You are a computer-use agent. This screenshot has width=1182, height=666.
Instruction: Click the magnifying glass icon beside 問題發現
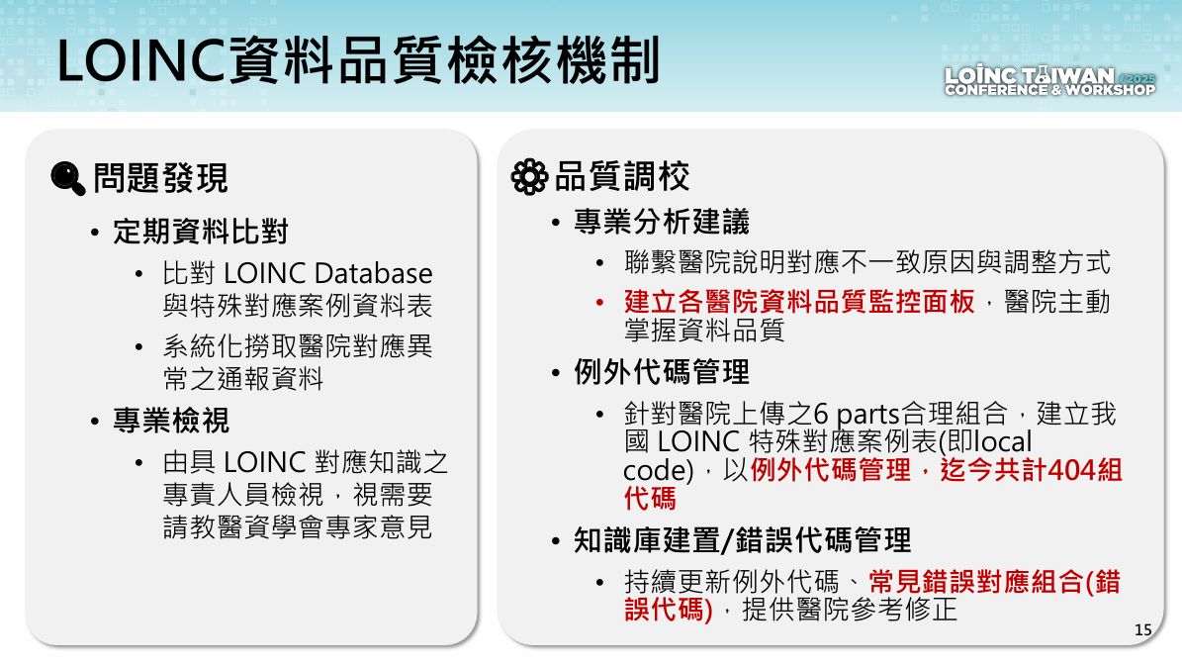[68, 178]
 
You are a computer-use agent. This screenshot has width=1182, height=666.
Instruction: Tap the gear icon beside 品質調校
[530, 176]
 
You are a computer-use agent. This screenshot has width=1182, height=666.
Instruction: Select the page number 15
[1142, 629]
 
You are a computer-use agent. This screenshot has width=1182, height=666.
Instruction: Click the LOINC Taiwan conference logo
[1049, 81]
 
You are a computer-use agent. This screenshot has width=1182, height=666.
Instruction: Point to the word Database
[373, 273]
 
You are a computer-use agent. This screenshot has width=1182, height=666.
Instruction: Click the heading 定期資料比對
[201, 232]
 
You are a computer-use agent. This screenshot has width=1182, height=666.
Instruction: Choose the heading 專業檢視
[171, 421]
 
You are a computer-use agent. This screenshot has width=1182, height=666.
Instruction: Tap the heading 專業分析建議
[661, 222]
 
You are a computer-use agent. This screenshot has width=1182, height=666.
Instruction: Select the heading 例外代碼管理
[661, 372]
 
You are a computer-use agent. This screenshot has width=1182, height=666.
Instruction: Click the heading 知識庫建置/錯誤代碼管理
[743, 540]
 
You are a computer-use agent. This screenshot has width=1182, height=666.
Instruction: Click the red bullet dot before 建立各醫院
[600, 303]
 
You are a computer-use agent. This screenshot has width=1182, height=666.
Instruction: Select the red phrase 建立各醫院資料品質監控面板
[799, 302]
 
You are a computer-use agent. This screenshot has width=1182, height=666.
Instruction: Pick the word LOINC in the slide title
[141, 60]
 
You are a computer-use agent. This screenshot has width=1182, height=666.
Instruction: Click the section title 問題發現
[160, 179]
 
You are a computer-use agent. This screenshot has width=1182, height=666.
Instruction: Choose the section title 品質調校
[622, 176]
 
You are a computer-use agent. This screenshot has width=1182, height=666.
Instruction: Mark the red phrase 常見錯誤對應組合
[975, 582]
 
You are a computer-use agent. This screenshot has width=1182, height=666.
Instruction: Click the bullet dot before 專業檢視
[95, 421]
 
